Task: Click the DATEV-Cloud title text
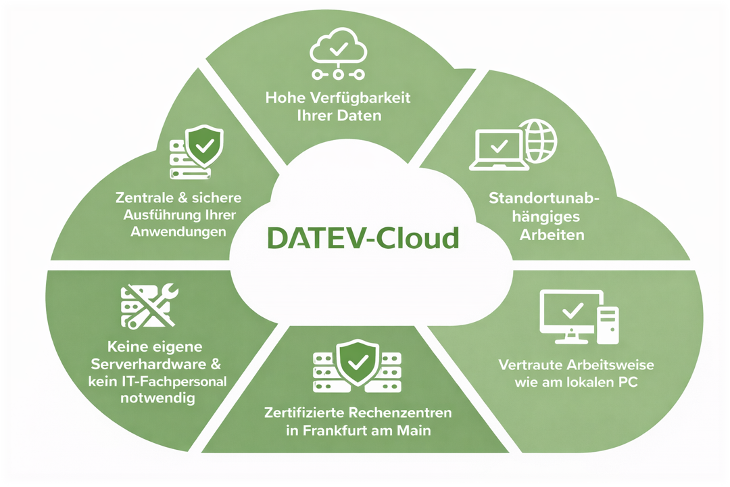click(x=363, y=237)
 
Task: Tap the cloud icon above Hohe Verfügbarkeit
click(x=337, y=47)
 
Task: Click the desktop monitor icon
click(x=572, y=312)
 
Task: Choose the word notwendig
click(x=157, y=398)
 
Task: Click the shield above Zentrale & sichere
click(x=204, y=144)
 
